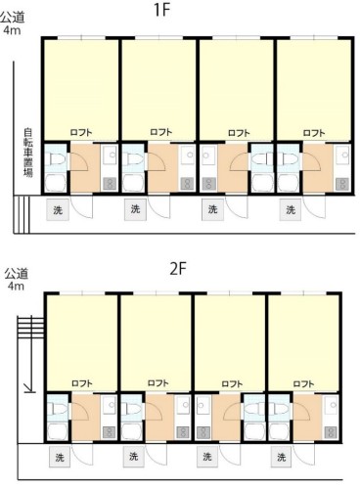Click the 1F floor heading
coord(162,10)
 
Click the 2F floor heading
coord(178,269)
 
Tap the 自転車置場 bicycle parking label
coord(28,153)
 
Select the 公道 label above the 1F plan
coord(13,18)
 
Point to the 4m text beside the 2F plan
coord(16,287)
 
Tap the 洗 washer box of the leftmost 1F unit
coord(58,210)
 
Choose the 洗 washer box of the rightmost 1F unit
coord(291,210)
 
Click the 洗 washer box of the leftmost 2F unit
coord(60,457)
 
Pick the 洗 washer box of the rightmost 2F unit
coord(281,457)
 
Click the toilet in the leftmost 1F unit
coord(58,159)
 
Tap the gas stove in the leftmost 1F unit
coord(110,185)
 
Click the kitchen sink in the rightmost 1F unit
coord(342,155)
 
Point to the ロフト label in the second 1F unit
coord(161,132)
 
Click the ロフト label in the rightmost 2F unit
coord(303,384)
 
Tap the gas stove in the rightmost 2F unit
coord(331,432)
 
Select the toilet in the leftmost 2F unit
coord(54,409)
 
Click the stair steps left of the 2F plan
coord(30,328)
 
